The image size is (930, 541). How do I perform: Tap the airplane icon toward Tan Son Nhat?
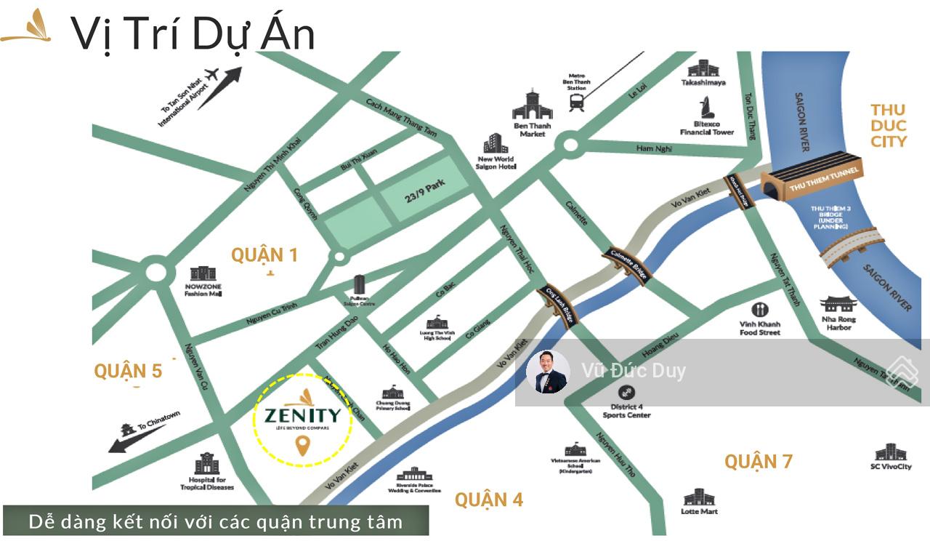click(x=212, y=74)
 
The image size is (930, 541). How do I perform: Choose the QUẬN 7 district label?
click(x=758, y=461)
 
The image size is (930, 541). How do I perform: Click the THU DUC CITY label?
click(x=889, y=125)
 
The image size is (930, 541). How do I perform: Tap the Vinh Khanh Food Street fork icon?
click(x=760, y=310)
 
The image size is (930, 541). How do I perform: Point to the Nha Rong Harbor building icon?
click(x=838, y=305)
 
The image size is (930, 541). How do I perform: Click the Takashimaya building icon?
click(x=703, y=68)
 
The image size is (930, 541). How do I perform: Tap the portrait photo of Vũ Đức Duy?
click(x=548, y=372)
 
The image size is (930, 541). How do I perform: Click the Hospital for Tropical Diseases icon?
click(x=207, y=464)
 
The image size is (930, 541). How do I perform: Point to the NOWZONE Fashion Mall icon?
click(x=202, y=273)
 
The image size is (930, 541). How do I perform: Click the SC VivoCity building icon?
click(x=890, y=452)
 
